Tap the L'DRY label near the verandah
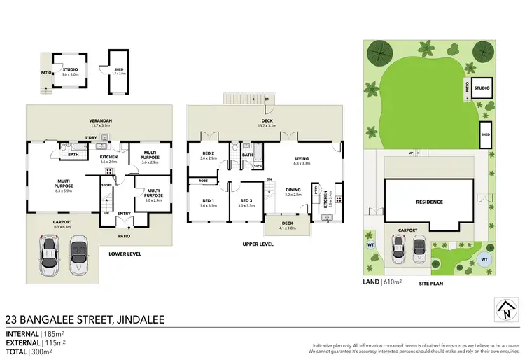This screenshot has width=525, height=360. point(91,137)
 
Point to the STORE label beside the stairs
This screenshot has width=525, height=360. point(106,186)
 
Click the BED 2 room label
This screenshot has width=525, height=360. point(208,153)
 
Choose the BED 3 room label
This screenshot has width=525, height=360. point(245,201)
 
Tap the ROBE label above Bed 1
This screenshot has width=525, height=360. point(203,181)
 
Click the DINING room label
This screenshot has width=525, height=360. point(293,190)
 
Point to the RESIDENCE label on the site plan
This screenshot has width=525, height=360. point(429,202)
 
